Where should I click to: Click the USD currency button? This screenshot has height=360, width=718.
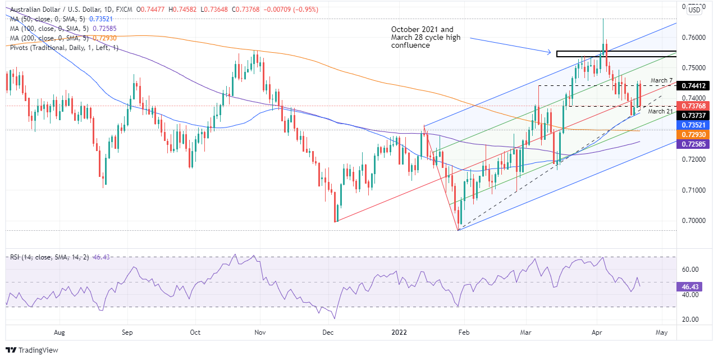pyautogui.click(x=694, y=10)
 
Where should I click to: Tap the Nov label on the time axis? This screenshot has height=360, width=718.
pyautogui.click(x=260, y=332)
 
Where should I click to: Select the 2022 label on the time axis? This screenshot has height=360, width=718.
pyautogui.click(x=396, y=332)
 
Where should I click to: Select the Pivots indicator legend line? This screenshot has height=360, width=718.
pyautogui.click(x=64, y=48)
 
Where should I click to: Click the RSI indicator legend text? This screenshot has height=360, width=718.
pyautogui.click(x=52, y=257)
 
